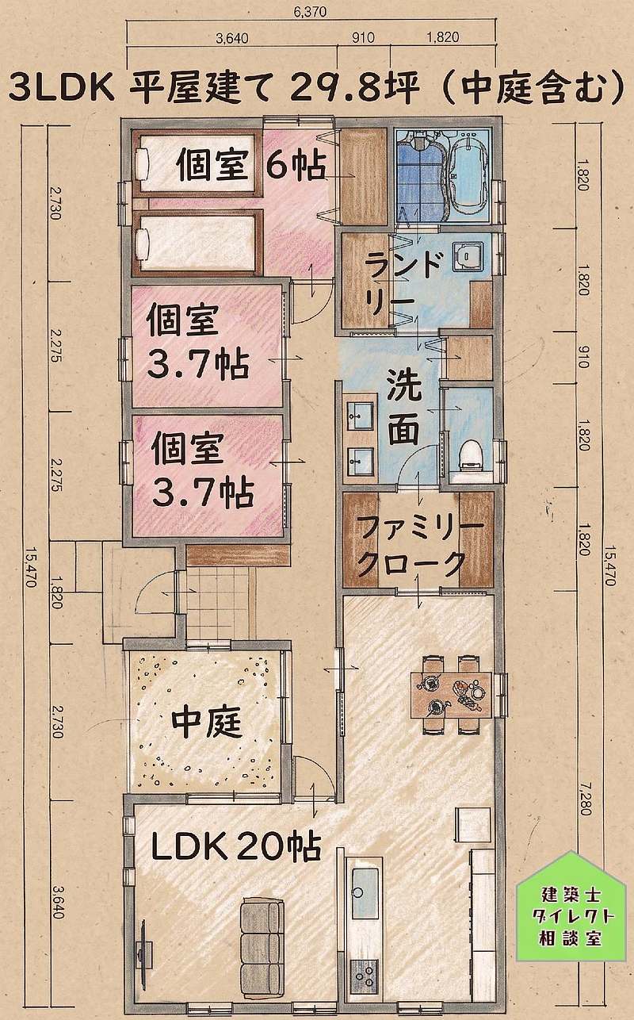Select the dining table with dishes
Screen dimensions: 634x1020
click(452, 696)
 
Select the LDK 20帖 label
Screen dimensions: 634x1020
click(236, 847)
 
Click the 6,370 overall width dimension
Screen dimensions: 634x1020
click(311, 13)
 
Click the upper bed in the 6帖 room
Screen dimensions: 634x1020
click(196, 165)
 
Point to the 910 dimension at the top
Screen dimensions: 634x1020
click(364, 37)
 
